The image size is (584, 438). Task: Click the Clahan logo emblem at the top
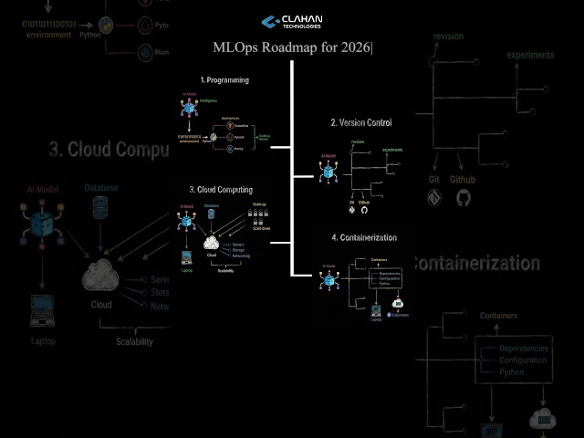click(x=270, y=21)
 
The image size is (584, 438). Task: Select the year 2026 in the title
click(x=353, y=47)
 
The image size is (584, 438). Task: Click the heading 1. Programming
click(x=224, y=80)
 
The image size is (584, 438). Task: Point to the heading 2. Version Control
click(x=363, y=122)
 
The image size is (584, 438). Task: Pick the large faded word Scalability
click(x=134, y=342)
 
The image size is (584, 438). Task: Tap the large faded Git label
click(x=434, y=181)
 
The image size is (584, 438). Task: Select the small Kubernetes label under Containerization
click(x=399, y=315)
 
